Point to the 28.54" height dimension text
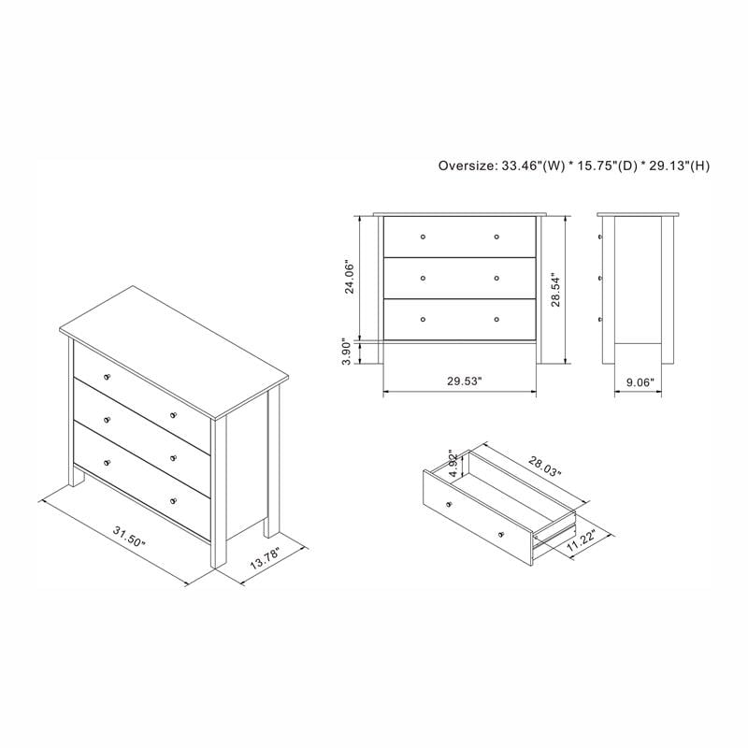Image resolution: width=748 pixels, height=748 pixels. (x=555, y=290)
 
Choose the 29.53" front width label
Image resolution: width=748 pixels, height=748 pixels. (x=461, y=381)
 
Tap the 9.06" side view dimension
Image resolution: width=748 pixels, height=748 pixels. (x=638, y=381)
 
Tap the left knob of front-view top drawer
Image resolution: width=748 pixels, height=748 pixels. (x=424, y=236)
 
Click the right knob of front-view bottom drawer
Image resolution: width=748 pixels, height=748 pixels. (x=496, y=319)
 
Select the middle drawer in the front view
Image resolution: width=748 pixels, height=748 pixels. (x=460, y=278)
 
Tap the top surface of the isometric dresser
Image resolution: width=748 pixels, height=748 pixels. (x=173, y=351)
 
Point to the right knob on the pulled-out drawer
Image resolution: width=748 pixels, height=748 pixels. (x=501, y=533)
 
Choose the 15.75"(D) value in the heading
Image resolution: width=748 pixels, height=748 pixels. (x=602, y=165)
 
